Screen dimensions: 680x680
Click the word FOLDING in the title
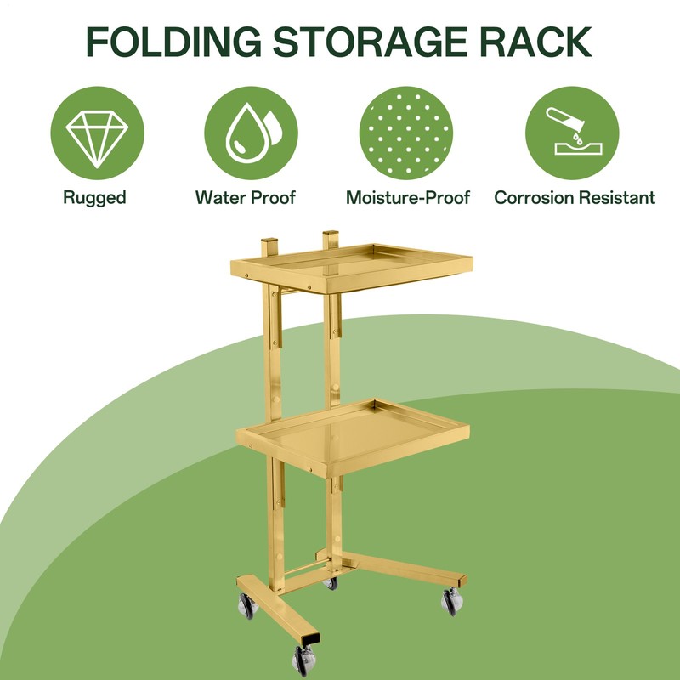tap(173, 42)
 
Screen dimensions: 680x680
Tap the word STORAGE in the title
tap(370, 42)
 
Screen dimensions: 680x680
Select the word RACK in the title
tap(535, 42)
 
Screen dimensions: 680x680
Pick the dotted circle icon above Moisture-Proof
tap(406, 133)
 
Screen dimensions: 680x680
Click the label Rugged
tap(94, 198)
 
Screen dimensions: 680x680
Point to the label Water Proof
tap(246, 198)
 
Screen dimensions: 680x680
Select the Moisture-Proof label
tap(408, 198)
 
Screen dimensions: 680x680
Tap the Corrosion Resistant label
tap(575, 198)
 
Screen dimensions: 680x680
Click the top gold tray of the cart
tap(351, 268)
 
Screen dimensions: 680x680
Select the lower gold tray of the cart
tap(352, 437)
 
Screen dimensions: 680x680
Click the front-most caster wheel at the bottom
tap(303, 661)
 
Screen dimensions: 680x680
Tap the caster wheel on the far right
tap(452, 601)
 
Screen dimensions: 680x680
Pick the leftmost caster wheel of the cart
tap(247, 605)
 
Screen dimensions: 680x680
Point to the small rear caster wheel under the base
tap(331, 583)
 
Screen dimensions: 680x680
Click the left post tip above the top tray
tap(269, 241)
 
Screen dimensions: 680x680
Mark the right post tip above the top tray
tap(331, 233)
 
